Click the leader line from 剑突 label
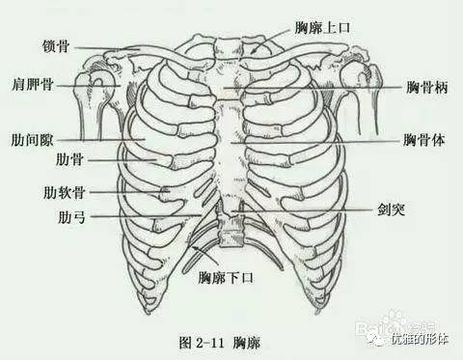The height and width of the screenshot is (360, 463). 309,207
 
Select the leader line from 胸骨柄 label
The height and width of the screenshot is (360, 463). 328,88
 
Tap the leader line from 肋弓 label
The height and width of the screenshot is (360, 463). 145,216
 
